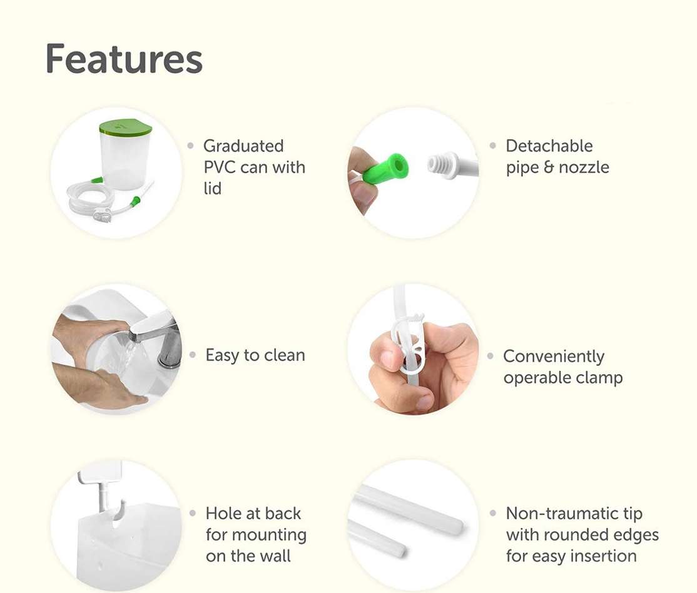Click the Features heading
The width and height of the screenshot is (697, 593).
point(124,58)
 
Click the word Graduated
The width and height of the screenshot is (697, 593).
point(243,146)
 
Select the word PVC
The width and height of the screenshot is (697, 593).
point(220,167)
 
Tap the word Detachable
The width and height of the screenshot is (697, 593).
point(549,146)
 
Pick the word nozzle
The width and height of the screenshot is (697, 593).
point(584,167)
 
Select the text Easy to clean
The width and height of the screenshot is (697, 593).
point(255,355)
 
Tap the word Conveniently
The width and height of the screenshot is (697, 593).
point(554,356)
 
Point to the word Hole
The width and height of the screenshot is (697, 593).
point(223,514)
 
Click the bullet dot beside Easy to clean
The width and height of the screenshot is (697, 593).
point(193,355)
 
